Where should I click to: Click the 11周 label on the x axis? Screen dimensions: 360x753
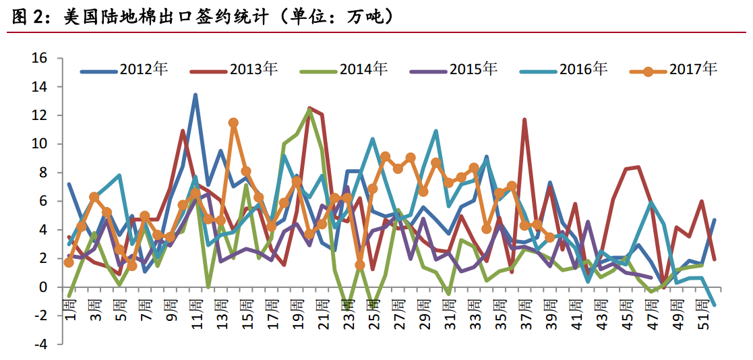click(195, 316)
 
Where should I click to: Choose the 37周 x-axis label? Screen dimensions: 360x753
click(524, 316)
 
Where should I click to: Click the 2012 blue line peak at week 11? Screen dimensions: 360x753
click(195, 95)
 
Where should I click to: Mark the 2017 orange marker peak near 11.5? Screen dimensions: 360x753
click(233, 123)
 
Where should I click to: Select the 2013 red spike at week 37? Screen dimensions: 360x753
click(524, 120)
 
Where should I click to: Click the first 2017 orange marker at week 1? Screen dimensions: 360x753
click(69, 262)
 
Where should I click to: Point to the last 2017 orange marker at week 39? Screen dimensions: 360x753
click(549, 237)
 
